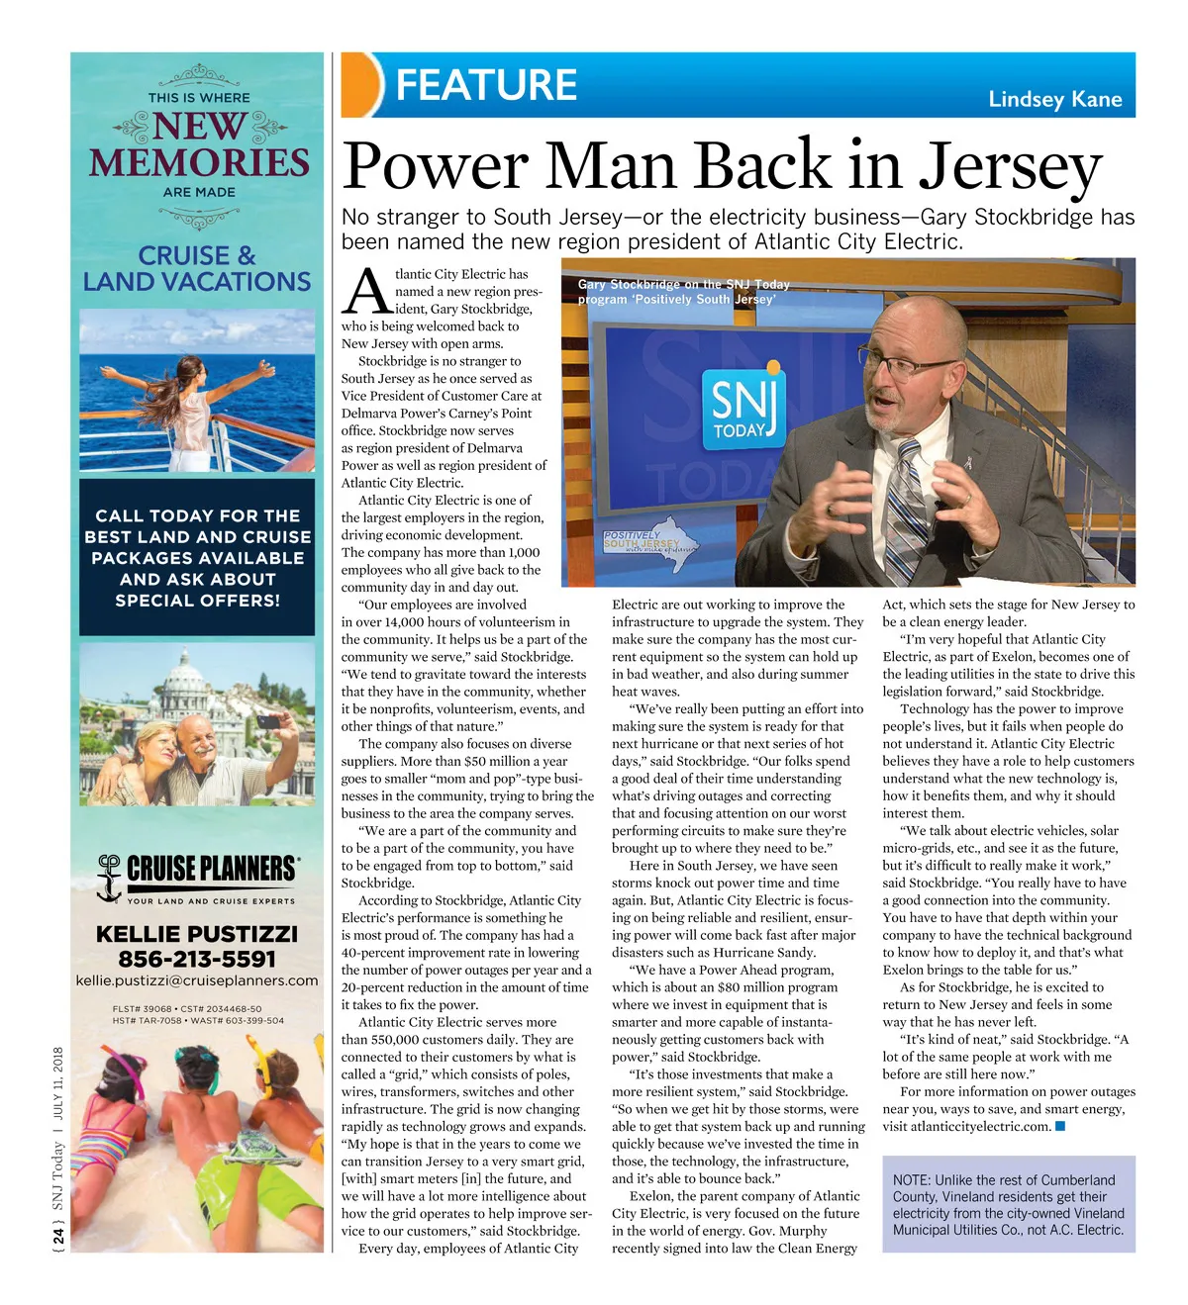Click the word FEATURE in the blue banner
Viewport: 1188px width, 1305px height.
point(486,85)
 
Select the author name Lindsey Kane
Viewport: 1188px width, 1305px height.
point(1054,99)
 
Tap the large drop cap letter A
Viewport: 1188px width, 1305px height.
point(366,294)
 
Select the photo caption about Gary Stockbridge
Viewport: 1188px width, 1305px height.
point(683,292)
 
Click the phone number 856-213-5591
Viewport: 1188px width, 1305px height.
point(197,959)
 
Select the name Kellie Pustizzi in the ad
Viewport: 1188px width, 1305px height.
point(197,934)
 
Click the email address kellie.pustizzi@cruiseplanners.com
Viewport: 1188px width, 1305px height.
point(197,980)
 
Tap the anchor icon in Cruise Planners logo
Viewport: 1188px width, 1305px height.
point(108,878)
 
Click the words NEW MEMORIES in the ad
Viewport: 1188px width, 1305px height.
point(199,145)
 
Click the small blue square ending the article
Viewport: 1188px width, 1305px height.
point(1060,1126)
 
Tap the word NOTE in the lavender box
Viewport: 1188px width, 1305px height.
point(911,1180)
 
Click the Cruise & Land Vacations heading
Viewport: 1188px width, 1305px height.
point(197,269)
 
